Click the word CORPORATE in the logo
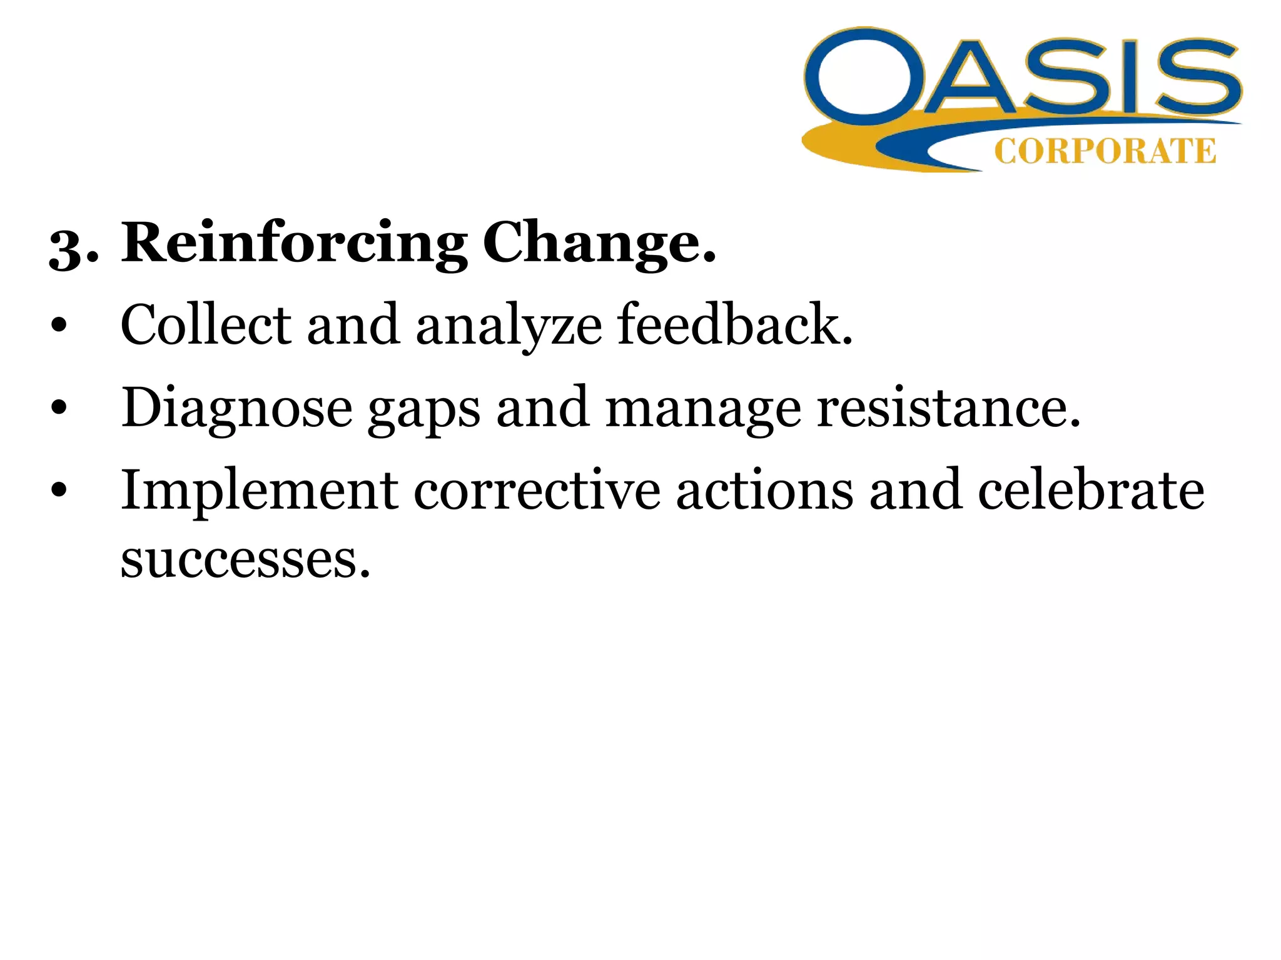click(x=1105, y=151)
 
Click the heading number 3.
click(x=73, y=247)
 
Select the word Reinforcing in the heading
click(x=294, y=244)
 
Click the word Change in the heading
click(x=597, y=244)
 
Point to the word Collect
click(x=206, y=324)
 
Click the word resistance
click(x=948, y=408)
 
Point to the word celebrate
click(x=1091, y=489)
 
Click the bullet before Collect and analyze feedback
click(x=59, y=326)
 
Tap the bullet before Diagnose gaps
click(x=59, y=409)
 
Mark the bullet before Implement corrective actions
click(x=59, y=491)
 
